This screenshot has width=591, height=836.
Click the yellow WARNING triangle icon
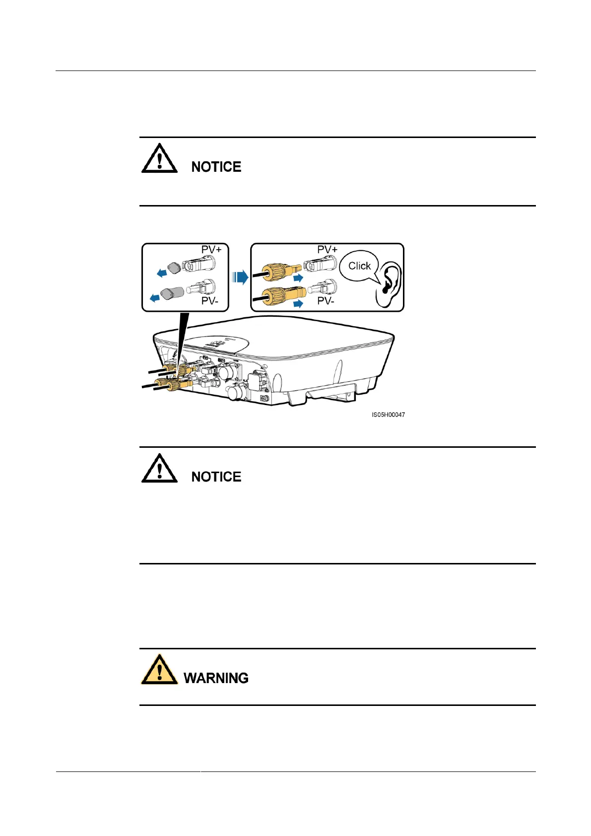[159, 670]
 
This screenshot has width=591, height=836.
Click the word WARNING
[216, 678]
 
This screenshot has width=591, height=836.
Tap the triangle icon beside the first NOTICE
[159, 159]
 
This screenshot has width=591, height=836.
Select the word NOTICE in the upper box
[216, 167]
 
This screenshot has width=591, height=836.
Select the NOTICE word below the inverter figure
[216, 477]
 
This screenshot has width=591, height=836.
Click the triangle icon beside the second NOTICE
[159, 469]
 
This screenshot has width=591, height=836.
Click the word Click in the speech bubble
[359, 266]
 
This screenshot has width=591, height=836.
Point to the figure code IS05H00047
[388, 415]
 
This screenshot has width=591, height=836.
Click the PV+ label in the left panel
[211, 249]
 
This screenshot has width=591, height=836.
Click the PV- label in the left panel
[210, 301]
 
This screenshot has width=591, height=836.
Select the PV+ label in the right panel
[328, 249]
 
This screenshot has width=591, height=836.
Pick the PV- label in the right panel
[326, 301]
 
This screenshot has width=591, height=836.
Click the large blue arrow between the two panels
[240, 277]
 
